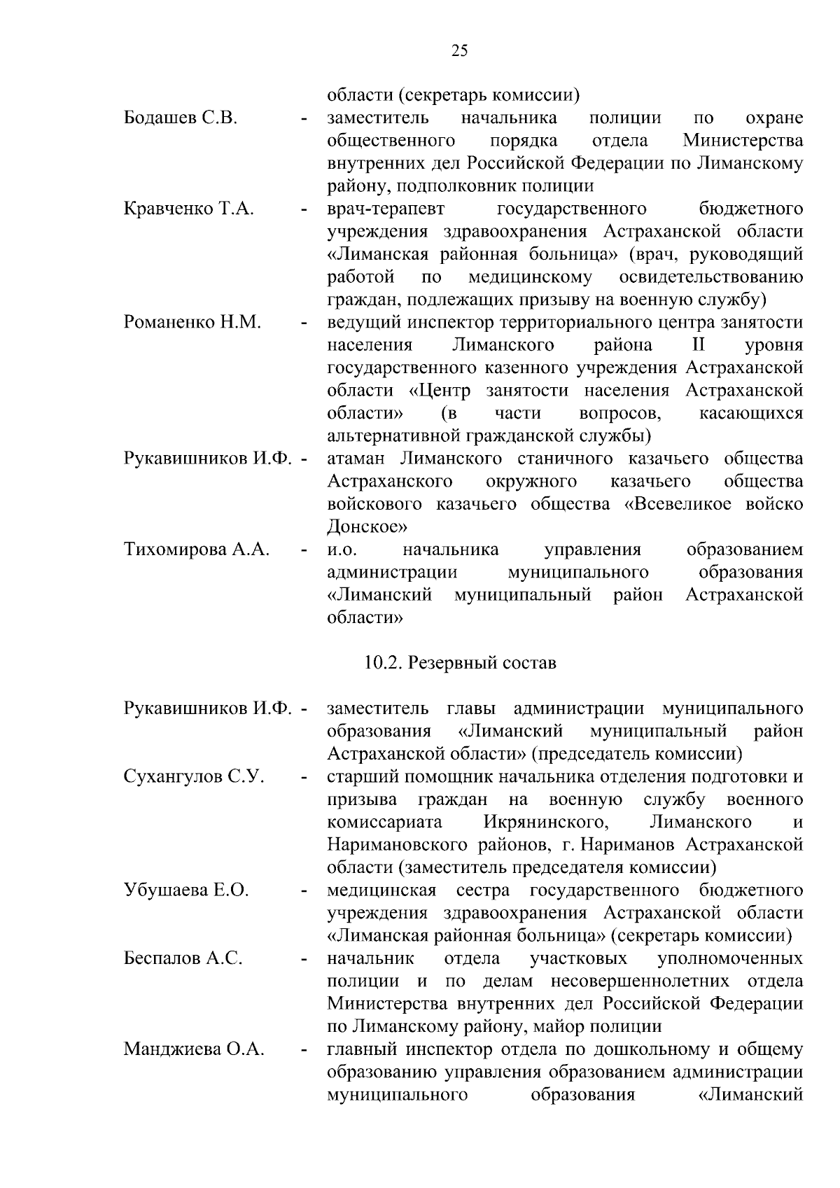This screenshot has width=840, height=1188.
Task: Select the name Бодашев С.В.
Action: tap(181, 118)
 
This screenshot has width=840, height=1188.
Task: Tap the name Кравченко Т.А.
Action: tap(188, 209)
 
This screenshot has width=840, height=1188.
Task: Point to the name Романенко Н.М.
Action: tap(192, 323)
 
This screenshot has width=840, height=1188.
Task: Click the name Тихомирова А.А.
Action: tap(197, 550)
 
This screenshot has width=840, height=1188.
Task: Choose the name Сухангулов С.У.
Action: tap(194, 776)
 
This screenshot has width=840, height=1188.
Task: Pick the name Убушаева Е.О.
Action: tap(186, 890)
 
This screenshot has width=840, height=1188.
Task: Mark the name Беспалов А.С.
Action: tap(183, 958)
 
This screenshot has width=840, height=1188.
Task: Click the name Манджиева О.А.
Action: tap(194, 1049)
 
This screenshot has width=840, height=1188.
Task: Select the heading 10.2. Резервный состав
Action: tap(460, 662)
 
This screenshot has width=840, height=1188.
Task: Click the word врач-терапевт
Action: tap(386, 209)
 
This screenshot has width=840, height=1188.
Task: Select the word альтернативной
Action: tap(393, 436)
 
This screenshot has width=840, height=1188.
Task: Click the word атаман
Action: tap(356, 459)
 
